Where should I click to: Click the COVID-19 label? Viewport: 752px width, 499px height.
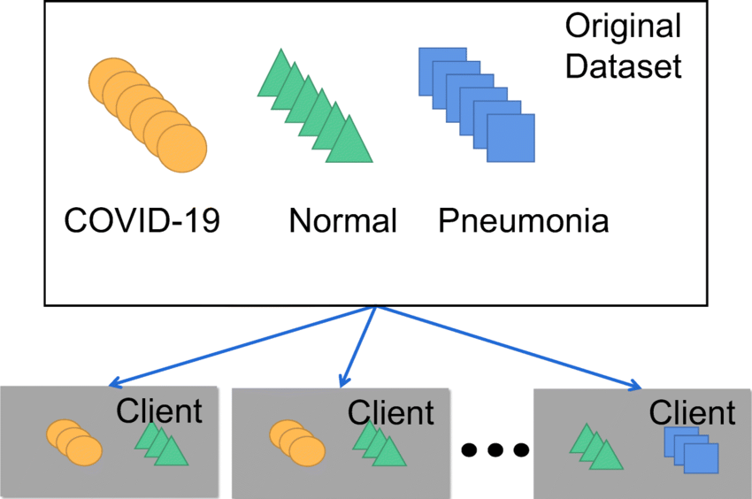[142, 219]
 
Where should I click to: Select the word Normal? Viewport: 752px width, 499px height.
[342, 219]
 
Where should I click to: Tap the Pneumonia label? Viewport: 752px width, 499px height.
[524, 219]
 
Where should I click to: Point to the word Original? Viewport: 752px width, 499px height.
[624, 27]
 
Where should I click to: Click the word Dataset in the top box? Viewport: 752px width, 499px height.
[624, 66]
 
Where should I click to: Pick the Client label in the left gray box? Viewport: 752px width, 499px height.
[159, 411]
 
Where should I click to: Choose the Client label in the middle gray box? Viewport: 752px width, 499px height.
[391, 412]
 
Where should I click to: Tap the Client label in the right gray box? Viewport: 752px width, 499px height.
[692, 412]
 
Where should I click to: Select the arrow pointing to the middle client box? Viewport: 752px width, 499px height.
[358, 348]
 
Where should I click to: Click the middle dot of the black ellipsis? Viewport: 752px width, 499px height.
[495, 450]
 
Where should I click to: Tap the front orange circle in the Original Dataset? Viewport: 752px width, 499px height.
[182, 148]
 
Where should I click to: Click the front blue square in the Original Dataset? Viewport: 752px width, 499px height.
[510, 138]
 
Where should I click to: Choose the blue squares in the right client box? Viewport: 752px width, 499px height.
[690, 449]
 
